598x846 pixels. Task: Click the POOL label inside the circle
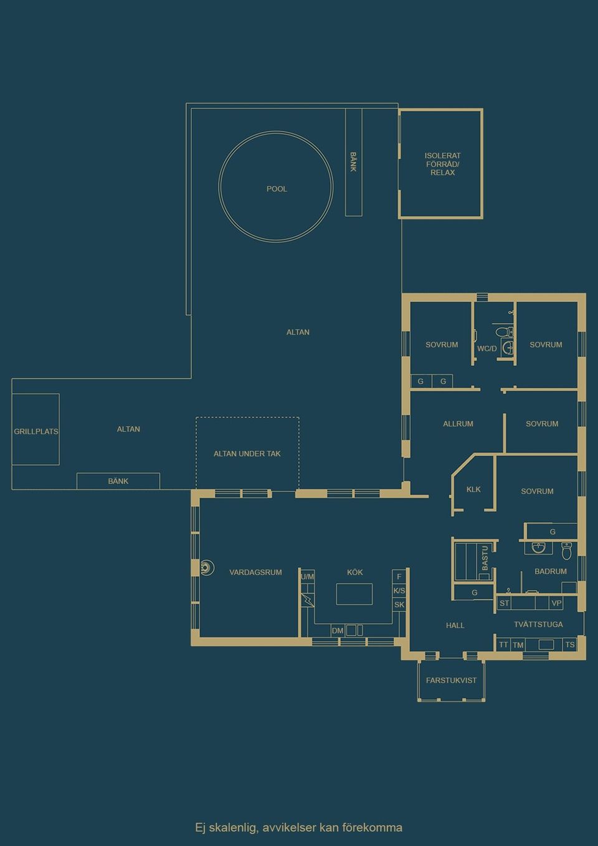pyautogui.click(x=277, y=189)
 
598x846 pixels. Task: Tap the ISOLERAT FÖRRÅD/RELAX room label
pyautogui.click(x=442, y=164)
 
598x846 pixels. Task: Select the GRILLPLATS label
pyautogui.click(x=36, y=431)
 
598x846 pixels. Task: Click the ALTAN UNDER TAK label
pyautogui.click(x=247, y=454)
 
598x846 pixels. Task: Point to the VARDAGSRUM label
pyautogui.click(x=255, y=572)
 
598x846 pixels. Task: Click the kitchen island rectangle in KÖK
pyautogui.click(x=354, y=594)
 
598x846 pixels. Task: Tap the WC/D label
pyautogui.click(x=486, y=348)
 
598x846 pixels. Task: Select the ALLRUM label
pyautogui.click(x=458, y=424)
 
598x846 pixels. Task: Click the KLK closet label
pyautogui.click(x=473, y=489)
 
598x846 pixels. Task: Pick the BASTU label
pyautogui.click(x=485, y=558)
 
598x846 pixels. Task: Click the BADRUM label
pyautogui.click(x=551, y=571)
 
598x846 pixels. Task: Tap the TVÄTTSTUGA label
pyautogui.click(x=538, y=624)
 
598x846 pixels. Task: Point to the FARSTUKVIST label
pyautogui.click(x=451, y=680)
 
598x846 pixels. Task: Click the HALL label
pyautogui.click(x=455, y=625)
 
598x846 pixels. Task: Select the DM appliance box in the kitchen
pyautogui.click(x=338, y=630)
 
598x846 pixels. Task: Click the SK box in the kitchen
pyautogui.click(x=399, y=604)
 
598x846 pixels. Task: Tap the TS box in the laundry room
pyautogui.click(x=569, y=645)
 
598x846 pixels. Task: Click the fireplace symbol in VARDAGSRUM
pyautogui.click(x=206, y=567)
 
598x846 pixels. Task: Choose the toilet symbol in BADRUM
pyautogui.click(x=566, y=551)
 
